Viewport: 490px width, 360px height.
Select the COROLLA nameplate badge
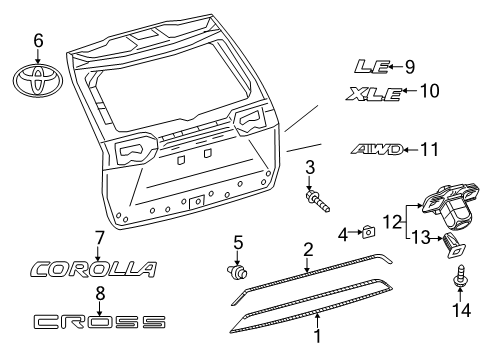tap(95, 269)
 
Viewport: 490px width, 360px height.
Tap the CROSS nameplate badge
tap(99, 321)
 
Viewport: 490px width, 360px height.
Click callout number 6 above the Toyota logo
tap(39, 40)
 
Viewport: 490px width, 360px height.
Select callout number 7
tap(99, 237)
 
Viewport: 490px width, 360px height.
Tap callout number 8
tap(99, 293)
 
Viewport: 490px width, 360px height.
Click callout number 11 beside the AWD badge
tap(429, 150)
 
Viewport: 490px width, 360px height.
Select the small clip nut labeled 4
tap(369, 232)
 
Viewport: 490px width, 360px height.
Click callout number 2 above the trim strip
tap(309, 249)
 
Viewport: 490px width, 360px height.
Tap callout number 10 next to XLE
tap(429, 92)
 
